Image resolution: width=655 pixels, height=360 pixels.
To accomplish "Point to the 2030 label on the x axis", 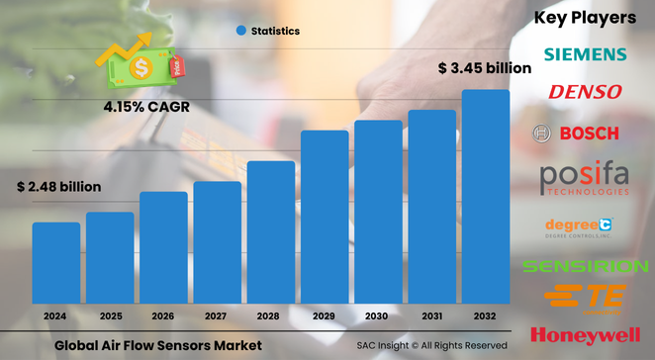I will click(379, 315).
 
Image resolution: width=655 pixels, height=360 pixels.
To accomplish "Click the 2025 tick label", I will click(110, 315).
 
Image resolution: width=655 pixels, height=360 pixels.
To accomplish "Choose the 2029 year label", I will click(325, 315).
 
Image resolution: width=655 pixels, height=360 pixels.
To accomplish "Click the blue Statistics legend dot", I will click(240, 32).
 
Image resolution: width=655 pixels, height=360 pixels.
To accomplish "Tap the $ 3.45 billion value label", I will click(484, 68).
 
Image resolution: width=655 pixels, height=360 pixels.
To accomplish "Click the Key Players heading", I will click(585, 17).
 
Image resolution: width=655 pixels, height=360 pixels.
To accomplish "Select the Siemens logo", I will click(584, 53).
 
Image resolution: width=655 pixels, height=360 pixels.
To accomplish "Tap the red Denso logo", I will click(585, 92).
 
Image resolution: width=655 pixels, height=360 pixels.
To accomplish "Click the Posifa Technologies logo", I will click(585, 178).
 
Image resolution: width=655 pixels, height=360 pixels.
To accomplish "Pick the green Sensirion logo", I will click(585, 266).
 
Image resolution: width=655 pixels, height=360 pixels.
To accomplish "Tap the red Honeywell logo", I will click(585, 334).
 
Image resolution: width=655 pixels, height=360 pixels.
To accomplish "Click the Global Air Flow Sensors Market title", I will click(158, 345).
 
